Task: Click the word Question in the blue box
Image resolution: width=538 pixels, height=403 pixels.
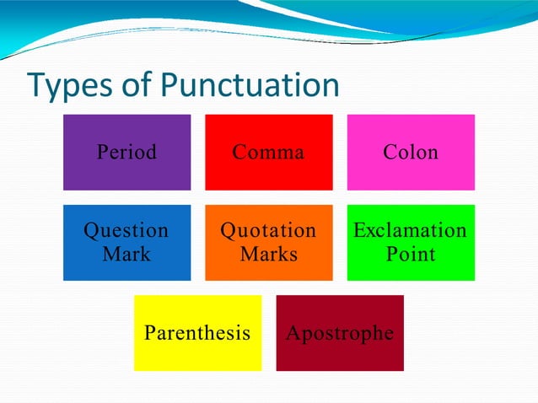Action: tap(126, 230)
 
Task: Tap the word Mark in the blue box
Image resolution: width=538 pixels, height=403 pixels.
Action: tap(126, 254)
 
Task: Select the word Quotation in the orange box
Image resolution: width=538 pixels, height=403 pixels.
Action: tap(268, 230)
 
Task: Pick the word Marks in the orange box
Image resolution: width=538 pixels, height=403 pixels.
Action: tap(268, 254)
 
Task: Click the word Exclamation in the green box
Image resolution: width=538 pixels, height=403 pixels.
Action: tap(410, 230)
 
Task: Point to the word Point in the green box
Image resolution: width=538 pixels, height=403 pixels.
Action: tap(410, 254)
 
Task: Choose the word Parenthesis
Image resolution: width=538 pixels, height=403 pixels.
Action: tap(197, 332)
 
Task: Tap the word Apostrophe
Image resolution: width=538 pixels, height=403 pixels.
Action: tap(340, 333)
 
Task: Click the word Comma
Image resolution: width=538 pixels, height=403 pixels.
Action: tap(268, 153)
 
